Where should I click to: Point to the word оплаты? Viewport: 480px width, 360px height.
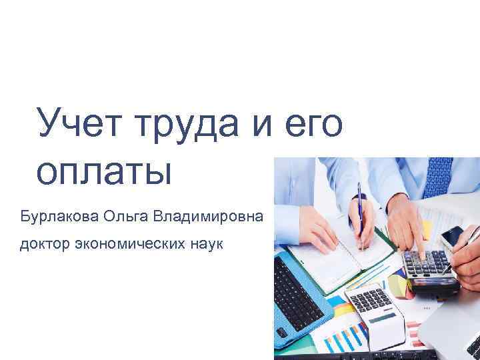click(x=105, y=172)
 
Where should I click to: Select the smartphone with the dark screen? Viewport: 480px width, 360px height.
click(x=453, y=236)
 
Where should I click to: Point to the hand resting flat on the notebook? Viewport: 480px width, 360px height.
click(x=313, y=227)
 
